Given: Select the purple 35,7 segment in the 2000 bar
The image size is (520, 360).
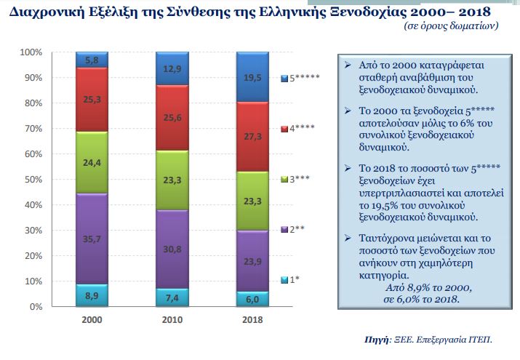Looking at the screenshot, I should click(92, 238).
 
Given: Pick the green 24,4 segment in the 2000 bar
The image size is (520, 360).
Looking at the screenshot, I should click(92, 163).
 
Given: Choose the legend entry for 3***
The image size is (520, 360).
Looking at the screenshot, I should click(295, 180).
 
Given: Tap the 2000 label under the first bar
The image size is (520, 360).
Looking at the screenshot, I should click(92, 320).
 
